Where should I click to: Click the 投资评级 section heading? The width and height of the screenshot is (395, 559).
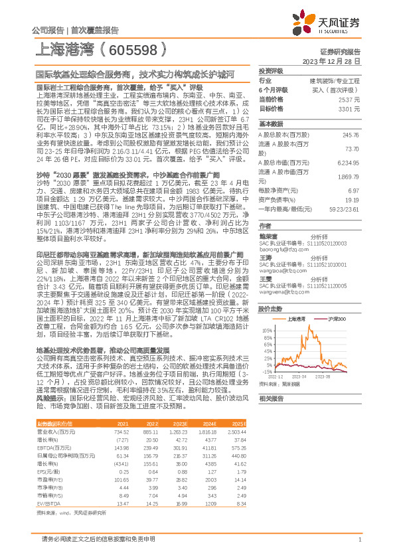point(271,70)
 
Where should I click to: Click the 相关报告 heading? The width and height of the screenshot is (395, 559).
point(271,398)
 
